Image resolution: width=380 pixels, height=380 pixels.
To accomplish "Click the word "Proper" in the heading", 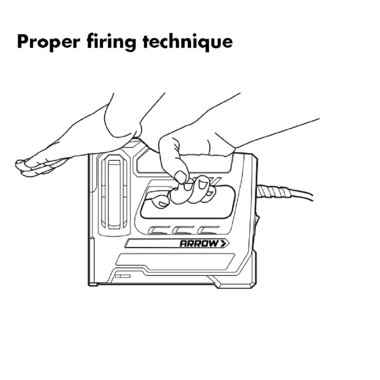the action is [x=49, y=42].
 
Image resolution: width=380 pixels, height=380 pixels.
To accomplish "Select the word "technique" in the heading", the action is [x=188, y=42].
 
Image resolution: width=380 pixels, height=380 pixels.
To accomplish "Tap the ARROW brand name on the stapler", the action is [x=199, y=243].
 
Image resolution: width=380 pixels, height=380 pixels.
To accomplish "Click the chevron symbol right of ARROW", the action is [x=224, y=243].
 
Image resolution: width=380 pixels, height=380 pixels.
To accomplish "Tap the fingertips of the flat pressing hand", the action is [x=23, y=167].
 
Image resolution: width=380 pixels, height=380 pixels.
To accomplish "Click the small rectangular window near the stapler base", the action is [x=123, y=276].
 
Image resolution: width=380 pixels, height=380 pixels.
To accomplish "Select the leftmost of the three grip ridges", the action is [x=159, y=230].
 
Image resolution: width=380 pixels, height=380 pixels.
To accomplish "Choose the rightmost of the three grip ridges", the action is [x=208, y=230].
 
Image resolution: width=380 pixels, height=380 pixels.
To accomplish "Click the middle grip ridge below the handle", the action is [x=184, y=230].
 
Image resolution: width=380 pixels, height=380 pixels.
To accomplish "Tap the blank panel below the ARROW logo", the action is [x=175, y=262].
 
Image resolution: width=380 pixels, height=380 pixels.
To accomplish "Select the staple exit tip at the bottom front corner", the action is [x=93, y=284].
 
